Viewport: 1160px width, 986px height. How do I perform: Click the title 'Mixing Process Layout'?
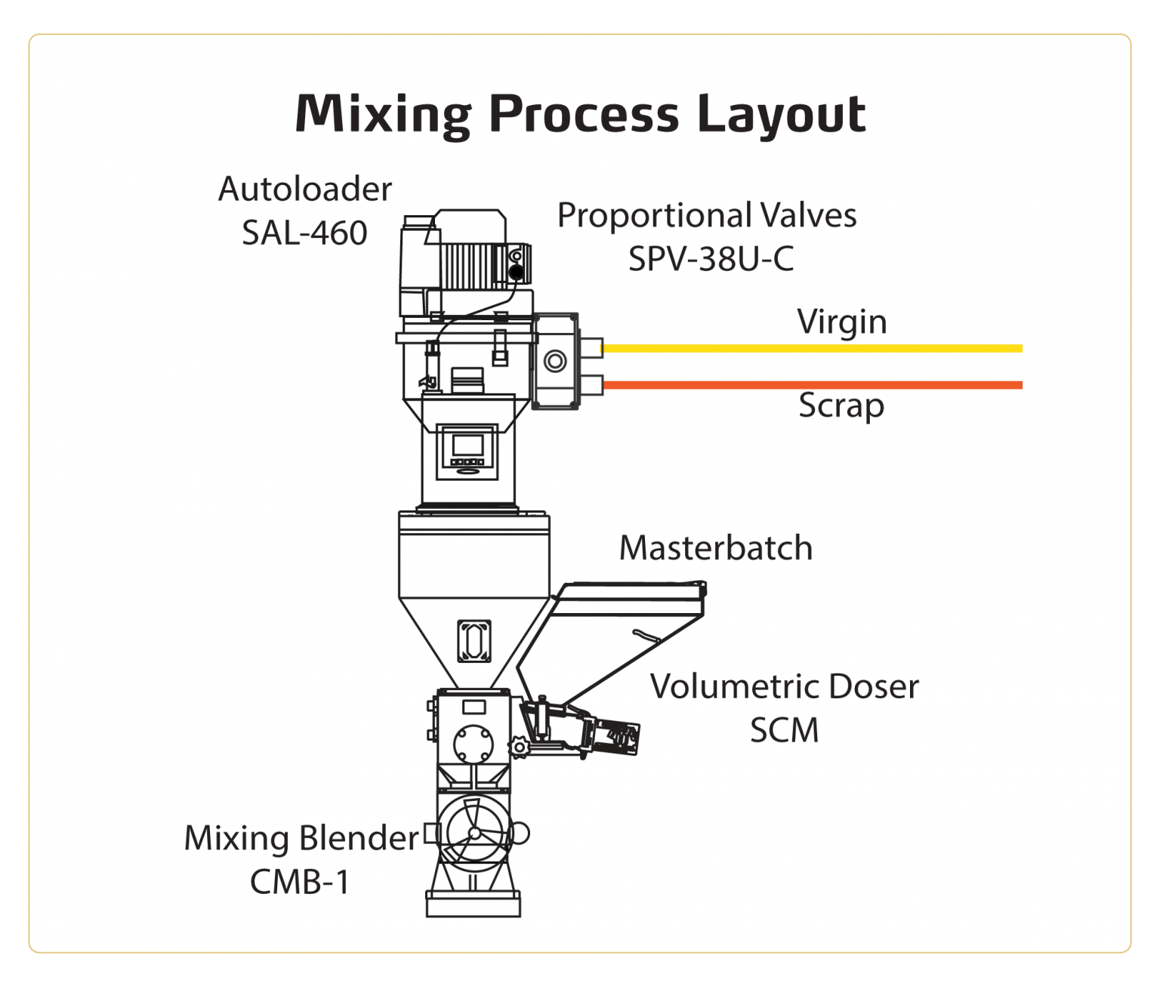click(x=580, y=114)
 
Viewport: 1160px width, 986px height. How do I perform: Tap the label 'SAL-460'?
click(x=304, y=233)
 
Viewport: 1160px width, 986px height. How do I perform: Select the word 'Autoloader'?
click(x=304, y=189)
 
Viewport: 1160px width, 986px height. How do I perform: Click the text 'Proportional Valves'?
click(x=706, y=216)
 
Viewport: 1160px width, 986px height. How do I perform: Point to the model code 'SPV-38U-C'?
click(x=711, y=260)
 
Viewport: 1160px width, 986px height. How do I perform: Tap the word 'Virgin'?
click(x=841, y=322)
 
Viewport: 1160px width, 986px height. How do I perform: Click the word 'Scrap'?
click(x=841, y=406)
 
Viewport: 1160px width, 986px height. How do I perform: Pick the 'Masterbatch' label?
click(x=715, y=548)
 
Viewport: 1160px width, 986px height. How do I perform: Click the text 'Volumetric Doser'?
click(x=784, y=687)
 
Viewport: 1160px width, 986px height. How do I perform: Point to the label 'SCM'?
click(x=784, y=731)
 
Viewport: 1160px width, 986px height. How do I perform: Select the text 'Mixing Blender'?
click(x=301, y=839)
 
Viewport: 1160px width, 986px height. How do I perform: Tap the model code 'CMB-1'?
click(x=300, y=882)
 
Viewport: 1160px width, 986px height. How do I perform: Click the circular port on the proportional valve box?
click(x=555, y=361)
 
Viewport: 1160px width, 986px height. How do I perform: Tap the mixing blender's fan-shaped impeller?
click(x=474, y=833)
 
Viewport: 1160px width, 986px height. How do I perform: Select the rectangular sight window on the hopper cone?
click(x=474, y=641)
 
